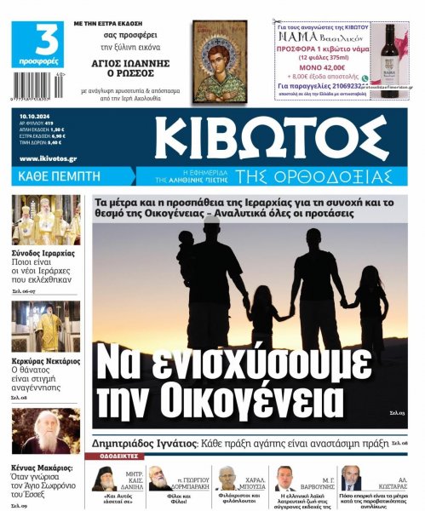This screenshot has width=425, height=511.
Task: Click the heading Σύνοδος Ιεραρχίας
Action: [43, 253]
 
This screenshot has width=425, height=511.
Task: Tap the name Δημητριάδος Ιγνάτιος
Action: [145, 444]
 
